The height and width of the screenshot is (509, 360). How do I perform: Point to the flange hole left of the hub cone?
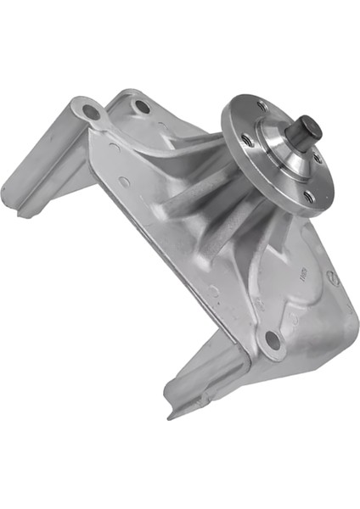pos(246,139)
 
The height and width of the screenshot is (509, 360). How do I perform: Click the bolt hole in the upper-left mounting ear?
pos(90,111)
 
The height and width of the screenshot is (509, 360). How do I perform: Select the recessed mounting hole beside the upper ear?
pos(143,108)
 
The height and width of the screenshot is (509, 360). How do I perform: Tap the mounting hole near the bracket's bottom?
pos(272,340)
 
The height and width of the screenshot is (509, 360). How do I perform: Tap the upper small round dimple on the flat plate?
pos(126,181)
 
